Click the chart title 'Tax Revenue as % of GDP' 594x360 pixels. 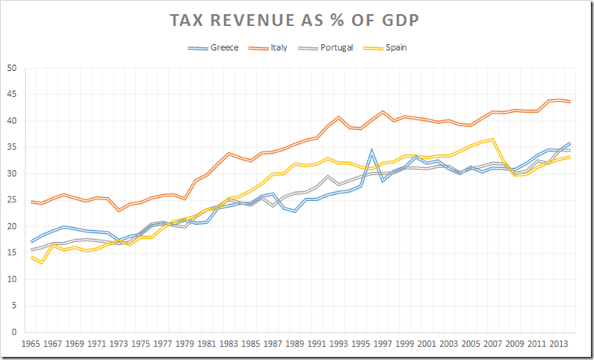[x=297, y=20]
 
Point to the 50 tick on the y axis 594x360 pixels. [x=12, y=68]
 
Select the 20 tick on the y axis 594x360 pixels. [x=12, y=226]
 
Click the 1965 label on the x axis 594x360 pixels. [x=31, y=345]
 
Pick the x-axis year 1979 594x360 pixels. [x=186, y=345]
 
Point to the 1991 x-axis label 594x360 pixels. [x=317, y=345]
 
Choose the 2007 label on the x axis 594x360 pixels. [x=493, y=345]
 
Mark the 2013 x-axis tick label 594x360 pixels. [x=559, y=345]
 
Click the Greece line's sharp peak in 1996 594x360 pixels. [x=372, y=150]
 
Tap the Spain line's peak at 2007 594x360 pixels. [x=493, y=139]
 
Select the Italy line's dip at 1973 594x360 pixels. [x=119, y=211]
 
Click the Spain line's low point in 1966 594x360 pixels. [x=42, y=263]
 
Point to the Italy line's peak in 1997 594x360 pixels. [x=383, y=111]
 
